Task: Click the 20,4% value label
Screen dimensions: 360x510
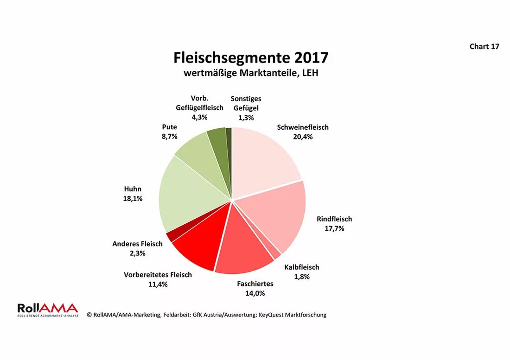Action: click(x=303, y=137)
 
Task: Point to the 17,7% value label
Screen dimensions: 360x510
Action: click(x=334, y=228)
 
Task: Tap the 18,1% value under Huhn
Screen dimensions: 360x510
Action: click(x=133, y=198)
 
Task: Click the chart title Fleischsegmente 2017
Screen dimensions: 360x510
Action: click(x=251, y=57)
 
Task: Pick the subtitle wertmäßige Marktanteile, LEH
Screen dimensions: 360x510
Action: click(x=251, y=73)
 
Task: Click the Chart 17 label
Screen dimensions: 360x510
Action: click(x=484, y=46)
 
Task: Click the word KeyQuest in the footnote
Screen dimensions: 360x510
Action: click(x=279, y=315)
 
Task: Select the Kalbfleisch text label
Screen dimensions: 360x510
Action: click(x=301, y=267)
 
